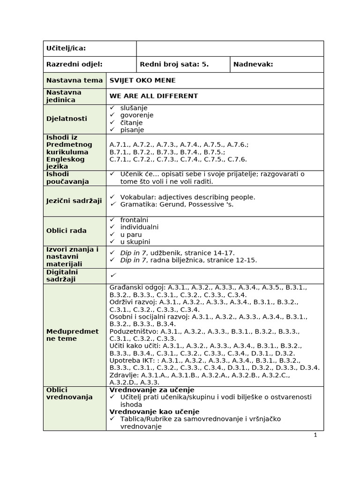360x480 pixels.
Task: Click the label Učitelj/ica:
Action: [x=66, y=49]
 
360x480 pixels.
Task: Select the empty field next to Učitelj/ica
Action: [x=230, y=49]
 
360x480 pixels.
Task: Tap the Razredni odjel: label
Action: [x=74, y=65]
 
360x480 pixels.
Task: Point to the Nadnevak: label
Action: [x=253, y=65]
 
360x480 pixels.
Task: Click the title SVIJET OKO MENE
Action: [x=142, y=80]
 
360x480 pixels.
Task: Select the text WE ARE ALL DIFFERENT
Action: [x=154, y=96]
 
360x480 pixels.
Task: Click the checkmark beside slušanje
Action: [x=112, y=108]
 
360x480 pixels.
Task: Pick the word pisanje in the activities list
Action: [x=132, y=130]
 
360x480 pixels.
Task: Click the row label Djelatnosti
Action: [x=67, y=119]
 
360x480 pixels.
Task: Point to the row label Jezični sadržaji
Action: [x=74, y=201]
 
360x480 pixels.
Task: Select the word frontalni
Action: [x=134, y=219]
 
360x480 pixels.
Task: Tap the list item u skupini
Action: [x=135, y=242]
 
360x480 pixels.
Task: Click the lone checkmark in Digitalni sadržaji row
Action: [x=113, y=275]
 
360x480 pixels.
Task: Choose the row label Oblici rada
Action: [x=66, y=231]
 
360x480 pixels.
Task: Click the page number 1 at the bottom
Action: [x=315, y=435]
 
